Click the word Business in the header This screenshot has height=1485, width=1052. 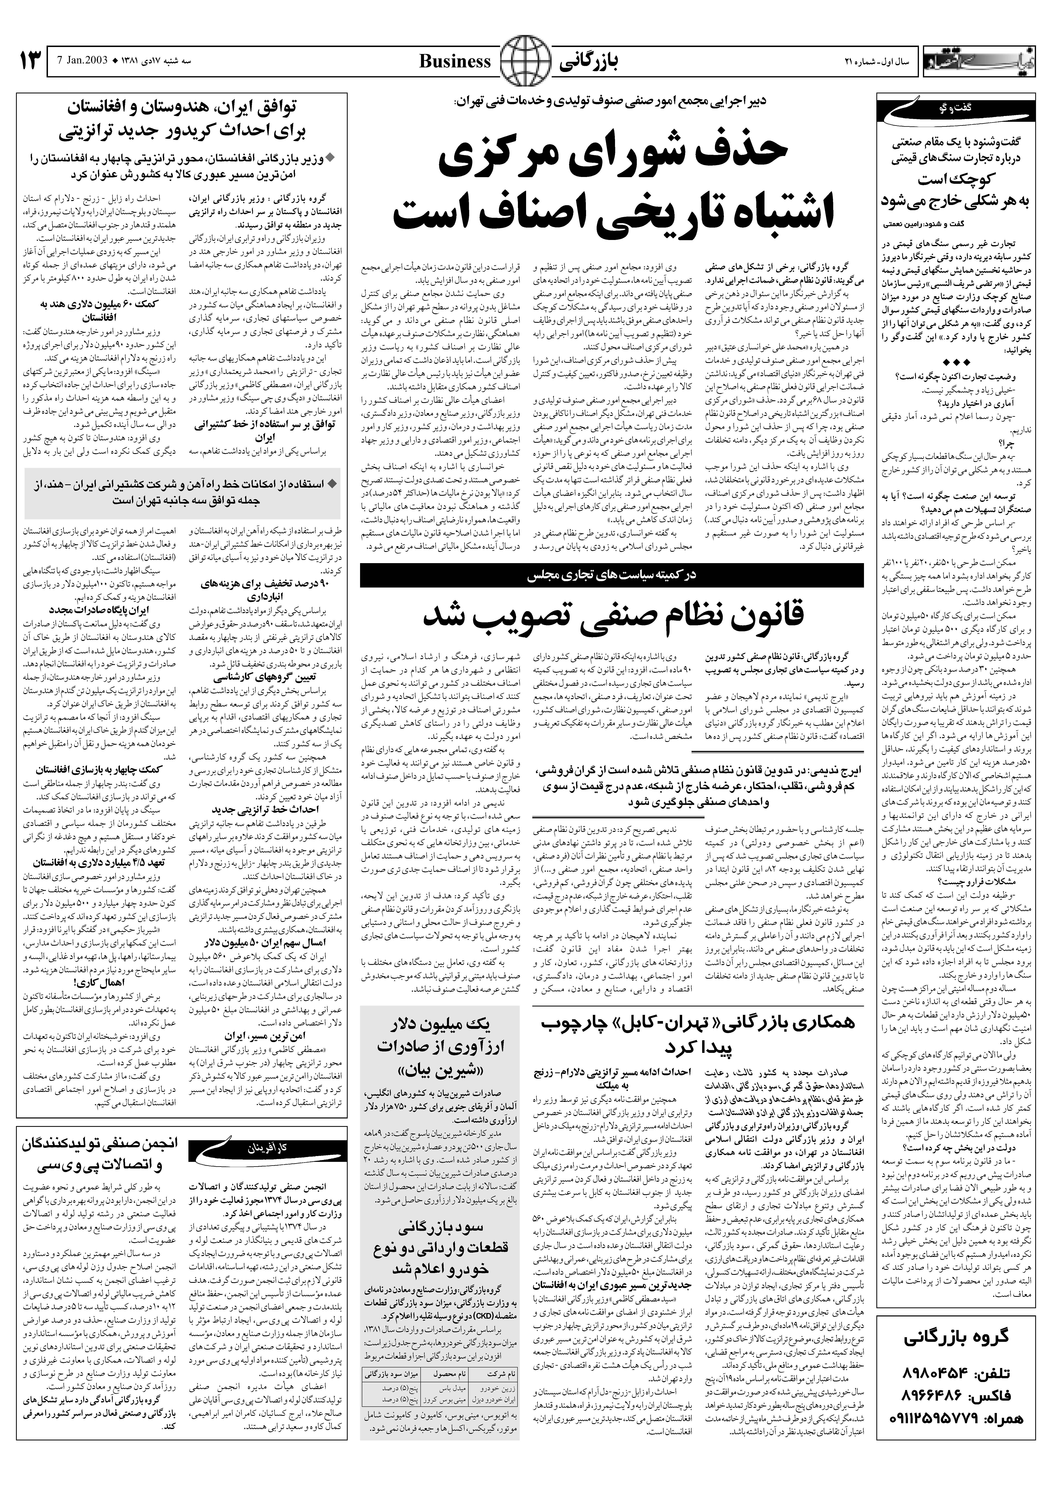tap(455, 62)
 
